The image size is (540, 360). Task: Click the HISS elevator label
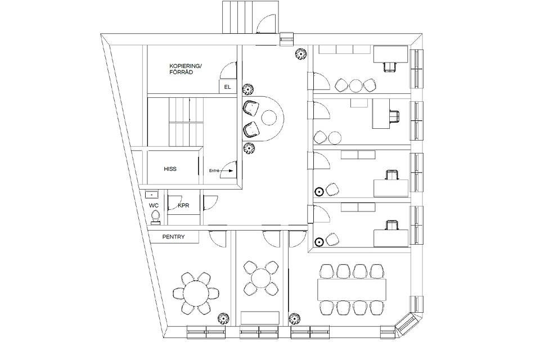(170, 169)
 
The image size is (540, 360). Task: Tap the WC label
(154, 206)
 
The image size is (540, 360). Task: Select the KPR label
(184, 206)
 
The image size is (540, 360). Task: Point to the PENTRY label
(174, 237)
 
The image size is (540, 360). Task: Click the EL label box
(228, 87)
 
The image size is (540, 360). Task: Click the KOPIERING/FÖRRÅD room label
(185, 69)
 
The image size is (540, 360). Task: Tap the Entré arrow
(227, 170)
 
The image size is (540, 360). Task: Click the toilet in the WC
(155, 217)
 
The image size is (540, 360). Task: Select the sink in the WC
(151, 195)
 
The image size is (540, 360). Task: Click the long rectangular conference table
(352, 289)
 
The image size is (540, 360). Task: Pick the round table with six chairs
(196, 293)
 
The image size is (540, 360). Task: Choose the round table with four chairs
(261, 278)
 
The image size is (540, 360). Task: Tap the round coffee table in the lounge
(269, 118)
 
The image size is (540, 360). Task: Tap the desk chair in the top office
(389, 66)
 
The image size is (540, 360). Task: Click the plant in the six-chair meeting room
(224, 319)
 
